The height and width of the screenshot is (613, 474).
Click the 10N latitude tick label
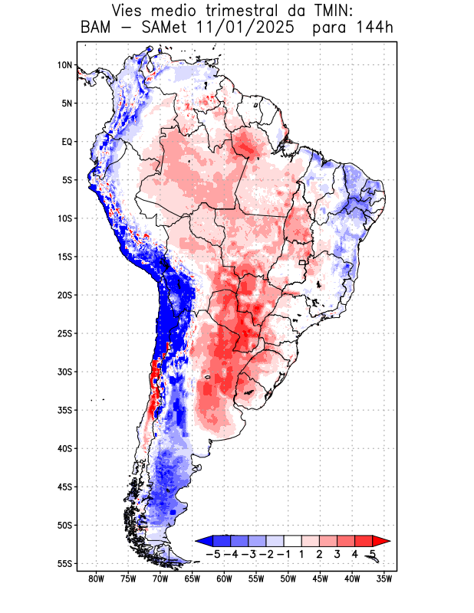(64, 65)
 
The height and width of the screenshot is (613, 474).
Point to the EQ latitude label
(67, 142)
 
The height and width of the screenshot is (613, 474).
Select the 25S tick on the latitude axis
(64, 333)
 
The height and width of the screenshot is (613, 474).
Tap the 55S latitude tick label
(64, 564)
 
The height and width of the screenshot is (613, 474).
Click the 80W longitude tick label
(96, 579)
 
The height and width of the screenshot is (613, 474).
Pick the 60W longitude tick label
(224, 579)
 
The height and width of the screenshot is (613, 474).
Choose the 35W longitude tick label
(384, 579)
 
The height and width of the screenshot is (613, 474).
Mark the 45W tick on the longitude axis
(320, 579)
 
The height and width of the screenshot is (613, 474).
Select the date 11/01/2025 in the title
(245, 29)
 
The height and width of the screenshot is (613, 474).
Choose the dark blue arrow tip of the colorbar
(202, 540)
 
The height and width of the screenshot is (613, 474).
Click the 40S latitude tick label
(64, 449)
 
